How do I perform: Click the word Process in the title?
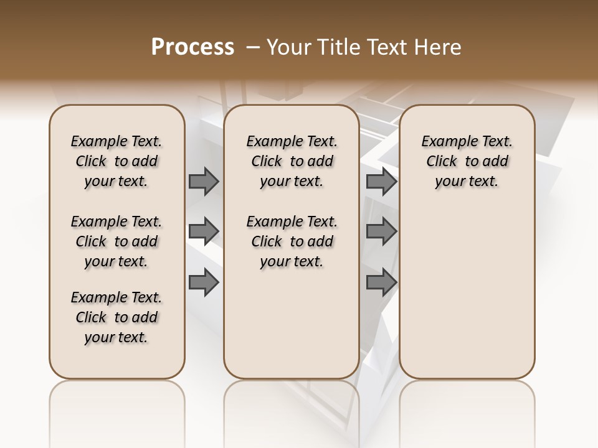pyautogui.click(x=192, y=47)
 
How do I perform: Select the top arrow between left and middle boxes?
pyautogui.click(x=204, y=181)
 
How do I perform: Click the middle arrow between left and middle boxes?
pyautogui.click(x=204, y=231)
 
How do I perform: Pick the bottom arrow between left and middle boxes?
pyautogui.click(x=204, y=282)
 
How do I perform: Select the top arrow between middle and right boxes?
pyautogui.click(x=381, y=181)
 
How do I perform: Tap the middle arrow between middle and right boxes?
pyautogui.click(x=381, y=231)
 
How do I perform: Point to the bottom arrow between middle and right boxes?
pyautogui.click(x=381, y=282)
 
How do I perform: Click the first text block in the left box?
pyautogui.click(x=116, y=161)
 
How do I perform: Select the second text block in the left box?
pyautogui.click(x=116, y=241)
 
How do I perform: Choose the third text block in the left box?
pyautogui.click(x=116, y=317)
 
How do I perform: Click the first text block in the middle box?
pyautogui.click(x=292, y=161)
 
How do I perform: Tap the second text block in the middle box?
pyautogui.click(x=292, y=241)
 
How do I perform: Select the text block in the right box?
pyautogui.click(x=467, y=161)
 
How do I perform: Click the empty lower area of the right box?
pyautogui.click(x=467, y=292)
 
